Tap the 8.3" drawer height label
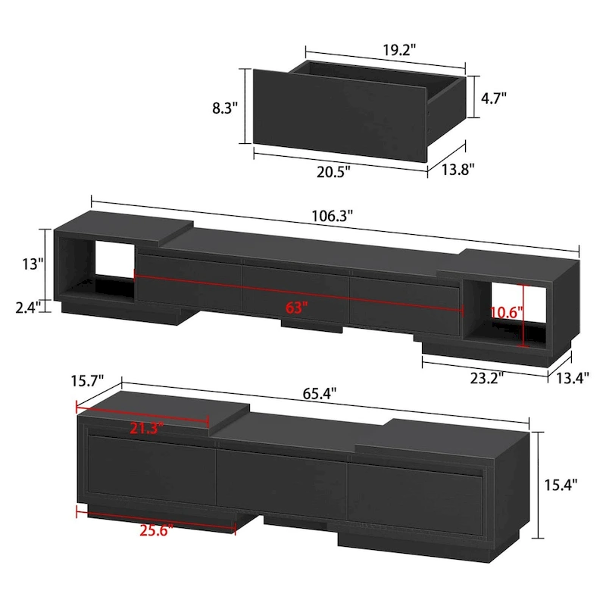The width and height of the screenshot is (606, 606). click(x=226, y=108)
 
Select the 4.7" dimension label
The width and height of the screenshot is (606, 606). click(x=495, y=97)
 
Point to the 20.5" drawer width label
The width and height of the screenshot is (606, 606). click(x=333, y=171)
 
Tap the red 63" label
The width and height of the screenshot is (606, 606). click(x=298, y=308)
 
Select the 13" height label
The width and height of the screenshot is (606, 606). click(x=33, y=264)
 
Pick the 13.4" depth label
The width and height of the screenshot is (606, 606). click(x=573, y=379)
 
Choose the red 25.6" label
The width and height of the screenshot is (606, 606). click(x=157, y=529)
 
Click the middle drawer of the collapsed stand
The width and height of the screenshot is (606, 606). click(x=282, y=480)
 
